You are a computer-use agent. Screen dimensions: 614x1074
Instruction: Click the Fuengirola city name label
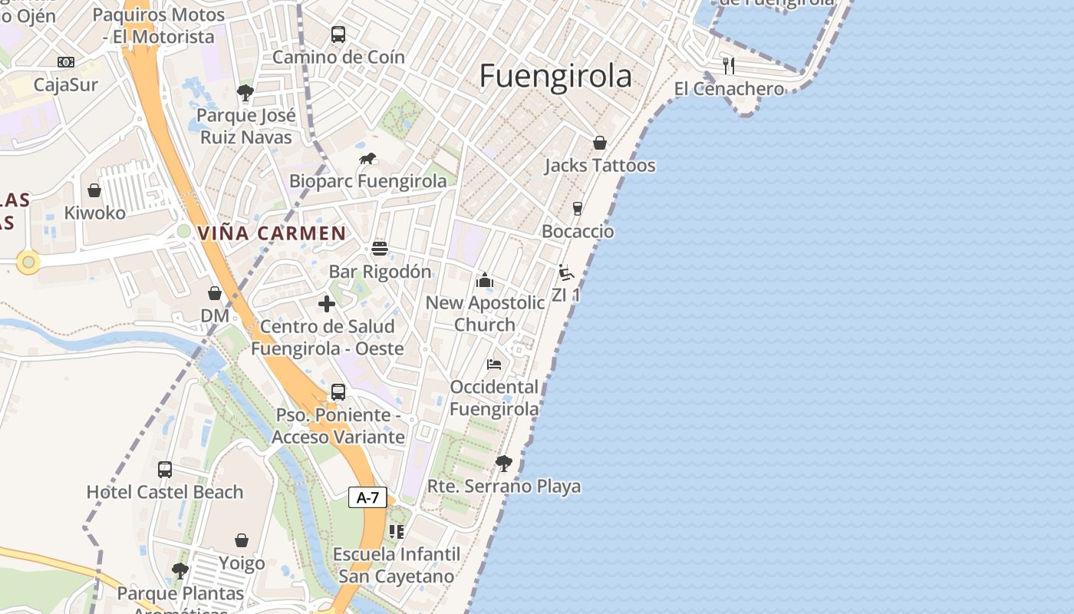555,76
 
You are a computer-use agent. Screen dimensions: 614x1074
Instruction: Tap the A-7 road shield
367,497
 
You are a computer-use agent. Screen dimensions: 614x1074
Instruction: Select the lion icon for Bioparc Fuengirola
368,159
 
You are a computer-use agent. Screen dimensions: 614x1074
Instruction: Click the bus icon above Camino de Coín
338,35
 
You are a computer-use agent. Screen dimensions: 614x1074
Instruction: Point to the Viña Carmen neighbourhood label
272,233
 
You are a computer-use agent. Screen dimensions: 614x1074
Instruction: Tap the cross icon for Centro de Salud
327,304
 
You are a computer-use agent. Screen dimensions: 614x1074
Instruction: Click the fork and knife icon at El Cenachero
729,66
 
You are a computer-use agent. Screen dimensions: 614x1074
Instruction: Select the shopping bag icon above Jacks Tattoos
600,143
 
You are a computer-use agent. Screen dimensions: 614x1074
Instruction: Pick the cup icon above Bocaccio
578,209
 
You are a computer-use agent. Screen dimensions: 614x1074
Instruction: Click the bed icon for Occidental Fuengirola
494,364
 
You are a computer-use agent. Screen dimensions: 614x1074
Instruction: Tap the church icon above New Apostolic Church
484,280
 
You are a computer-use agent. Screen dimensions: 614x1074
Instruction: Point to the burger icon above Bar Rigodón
380,249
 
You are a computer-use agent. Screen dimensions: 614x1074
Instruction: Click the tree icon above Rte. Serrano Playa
503,464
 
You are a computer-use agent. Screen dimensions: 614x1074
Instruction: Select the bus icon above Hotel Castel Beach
165,470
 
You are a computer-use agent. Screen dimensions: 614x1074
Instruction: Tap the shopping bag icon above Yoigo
242,540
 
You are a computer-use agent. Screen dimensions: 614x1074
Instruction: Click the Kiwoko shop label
94,213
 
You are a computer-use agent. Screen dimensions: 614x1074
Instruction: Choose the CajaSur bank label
66,84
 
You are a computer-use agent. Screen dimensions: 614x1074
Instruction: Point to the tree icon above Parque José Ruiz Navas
245,94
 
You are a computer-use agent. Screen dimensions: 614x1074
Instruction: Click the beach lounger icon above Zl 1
566,272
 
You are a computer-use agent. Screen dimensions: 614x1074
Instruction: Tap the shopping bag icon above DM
215,293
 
